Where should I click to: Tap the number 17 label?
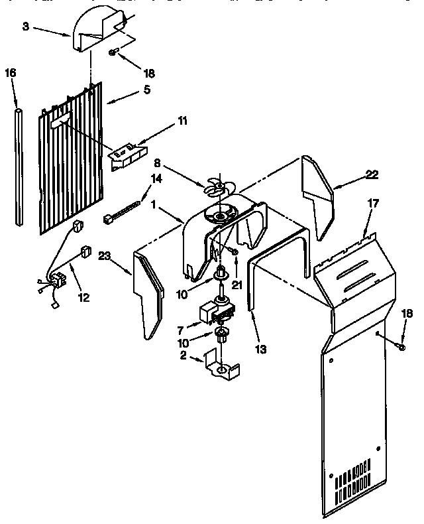pyautogui.click(x=373, y=204)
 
